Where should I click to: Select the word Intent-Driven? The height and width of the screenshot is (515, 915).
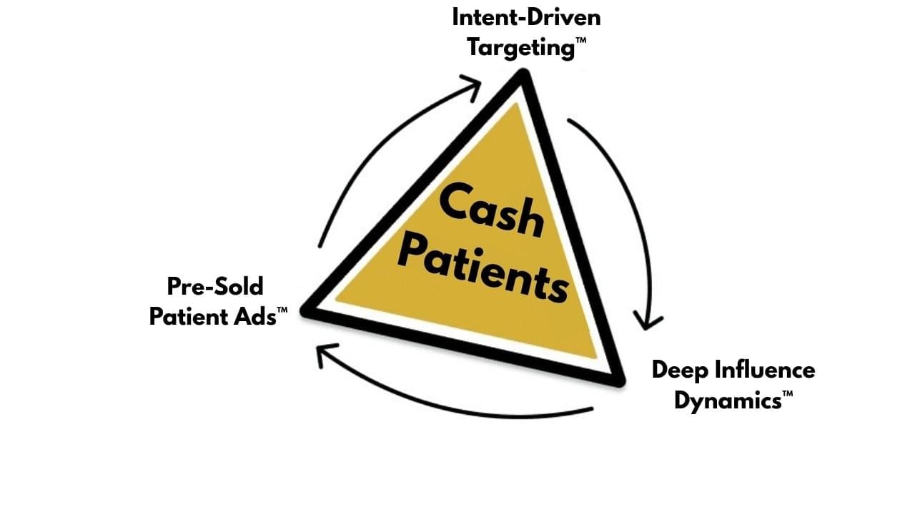(x=526, y=17)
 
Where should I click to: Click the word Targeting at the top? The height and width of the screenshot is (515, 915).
(x=520, y=48)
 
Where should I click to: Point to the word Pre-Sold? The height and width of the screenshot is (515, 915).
(x=215, y=286)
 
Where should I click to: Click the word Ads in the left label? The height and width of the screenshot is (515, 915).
(x=256, y=316)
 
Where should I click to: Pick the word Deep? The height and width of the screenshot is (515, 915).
(x=679, y=370)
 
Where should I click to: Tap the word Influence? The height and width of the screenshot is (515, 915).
(x=763, y=370)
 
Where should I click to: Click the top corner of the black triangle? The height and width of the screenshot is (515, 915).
(x=525, y=74)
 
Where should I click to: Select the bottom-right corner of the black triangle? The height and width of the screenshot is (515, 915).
(x=618, y=381)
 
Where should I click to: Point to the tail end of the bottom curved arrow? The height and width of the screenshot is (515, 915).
(x=592, y=410)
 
